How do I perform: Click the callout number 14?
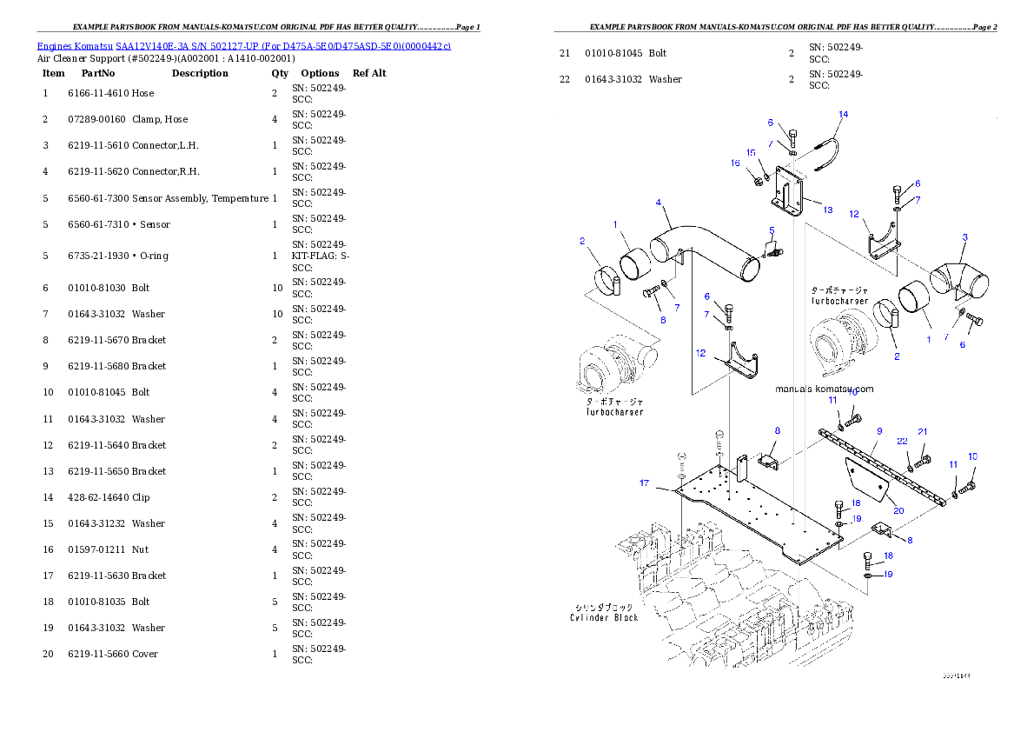tap(843, 114)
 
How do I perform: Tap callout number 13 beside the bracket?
tap(827, 210)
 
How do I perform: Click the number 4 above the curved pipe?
tap(660, 203)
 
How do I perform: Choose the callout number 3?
tap(964, 237)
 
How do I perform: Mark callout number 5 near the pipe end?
tap(771, 230)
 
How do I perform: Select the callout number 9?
tap(879, 430)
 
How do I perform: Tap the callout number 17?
tap(644, 482)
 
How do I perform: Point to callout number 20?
tap(898, 510)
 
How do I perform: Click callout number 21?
tap(923, 431)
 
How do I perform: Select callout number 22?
tap(903, 442)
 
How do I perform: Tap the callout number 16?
tap(735, 163)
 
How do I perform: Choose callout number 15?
tap(751, 152)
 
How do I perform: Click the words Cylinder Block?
tap(604, 617)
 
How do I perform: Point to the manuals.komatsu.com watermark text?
tap(824, 389)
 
